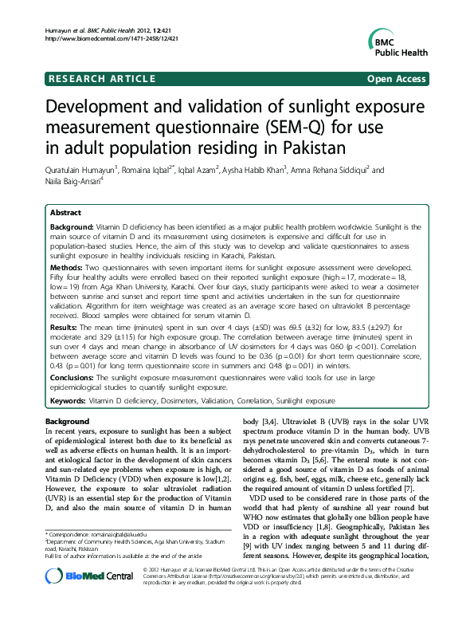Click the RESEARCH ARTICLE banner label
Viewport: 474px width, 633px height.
tap(102, 79)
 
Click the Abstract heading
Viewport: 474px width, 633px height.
tap(65, 214)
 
